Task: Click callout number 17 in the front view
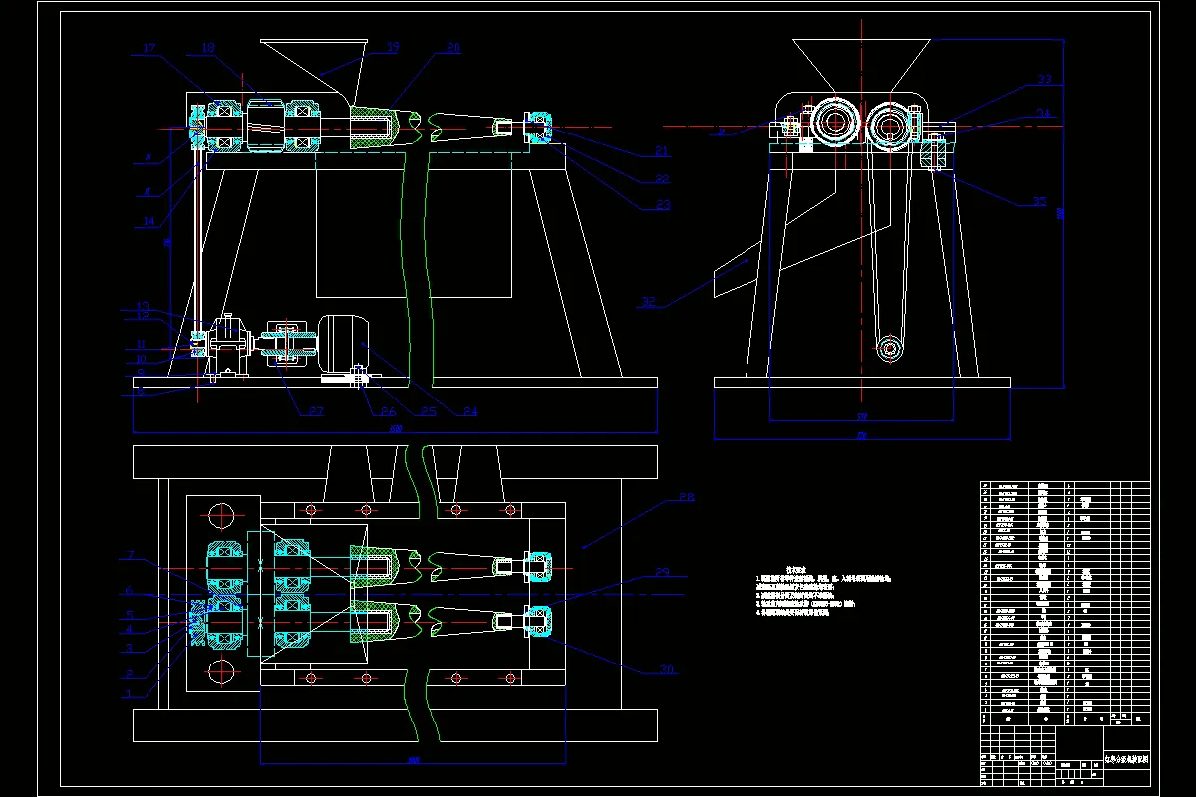149,48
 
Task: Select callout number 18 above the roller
208,47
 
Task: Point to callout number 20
453,47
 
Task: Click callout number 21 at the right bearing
661,152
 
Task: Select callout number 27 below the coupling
316,411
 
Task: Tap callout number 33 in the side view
1045,79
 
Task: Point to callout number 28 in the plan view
686,496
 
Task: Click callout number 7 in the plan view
130,554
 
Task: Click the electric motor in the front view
342,344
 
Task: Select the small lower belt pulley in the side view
888,349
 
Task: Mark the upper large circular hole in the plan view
220,516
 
